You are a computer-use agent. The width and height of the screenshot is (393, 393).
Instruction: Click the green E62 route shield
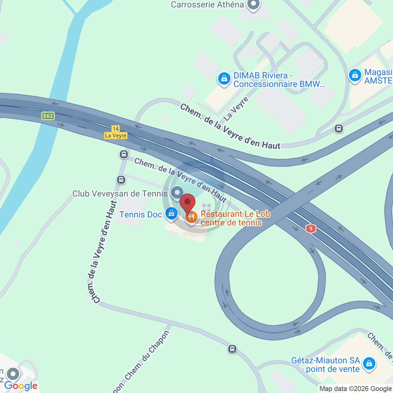tap(48, 116)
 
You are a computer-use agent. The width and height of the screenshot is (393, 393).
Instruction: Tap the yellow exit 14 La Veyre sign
tap(116, 132)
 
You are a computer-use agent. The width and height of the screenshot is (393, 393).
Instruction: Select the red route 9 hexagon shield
tap(311, 229)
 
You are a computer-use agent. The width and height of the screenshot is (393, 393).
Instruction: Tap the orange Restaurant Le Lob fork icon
tap(192, 218)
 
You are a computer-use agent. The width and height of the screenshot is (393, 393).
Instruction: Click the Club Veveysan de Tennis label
tap(120, 194)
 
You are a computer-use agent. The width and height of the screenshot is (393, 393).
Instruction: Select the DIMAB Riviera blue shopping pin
tap(224, 79)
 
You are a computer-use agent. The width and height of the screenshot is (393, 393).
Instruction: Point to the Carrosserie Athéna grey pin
tap(253, 5)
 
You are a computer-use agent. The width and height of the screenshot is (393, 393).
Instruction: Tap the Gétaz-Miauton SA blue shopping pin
tap(369, 364)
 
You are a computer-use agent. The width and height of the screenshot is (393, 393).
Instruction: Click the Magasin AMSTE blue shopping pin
tap(355, 75)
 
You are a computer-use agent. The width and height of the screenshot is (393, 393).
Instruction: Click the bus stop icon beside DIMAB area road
tap(339, 129)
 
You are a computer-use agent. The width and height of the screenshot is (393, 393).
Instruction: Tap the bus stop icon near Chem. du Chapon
tap(232, 349)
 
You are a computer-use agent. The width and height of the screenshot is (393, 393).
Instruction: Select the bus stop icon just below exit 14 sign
tap(124, 154)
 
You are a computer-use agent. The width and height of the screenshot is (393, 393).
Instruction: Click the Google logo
tap(21, 386)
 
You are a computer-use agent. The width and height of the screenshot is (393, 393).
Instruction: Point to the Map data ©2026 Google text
tap(355, 389)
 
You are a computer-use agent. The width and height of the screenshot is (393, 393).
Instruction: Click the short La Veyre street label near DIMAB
tap(236, 109)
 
